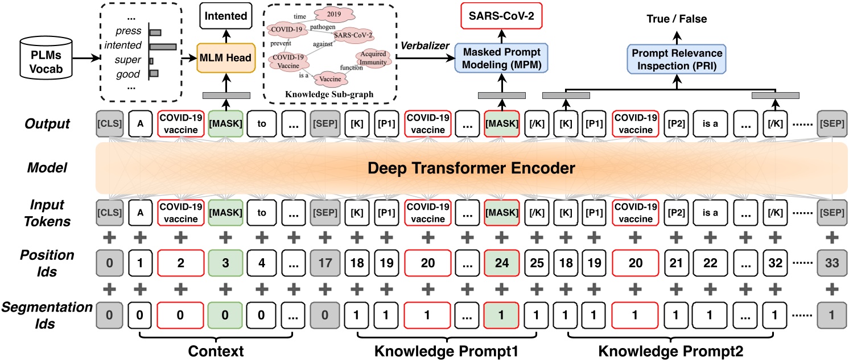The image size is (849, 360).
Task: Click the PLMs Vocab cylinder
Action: pos(46,58)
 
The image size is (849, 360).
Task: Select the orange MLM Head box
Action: pos(226,58)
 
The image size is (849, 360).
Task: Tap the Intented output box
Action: pos(226,16)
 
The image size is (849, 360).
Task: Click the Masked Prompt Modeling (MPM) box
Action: pos(501,58)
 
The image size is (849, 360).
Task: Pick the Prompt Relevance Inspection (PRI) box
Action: pos(677,59)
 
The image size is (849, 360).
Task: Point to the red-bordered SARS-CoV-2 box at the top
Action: pos(501,16)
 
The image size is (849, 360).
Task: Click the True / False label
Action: pos(677,19)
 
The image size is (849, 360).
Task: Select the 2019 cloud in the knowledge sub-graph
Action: pos(334,14)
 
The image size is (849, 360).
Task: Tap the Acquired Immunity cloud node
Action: pos(373,58)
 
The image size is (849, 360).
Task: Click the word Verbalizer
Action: pos(424,46)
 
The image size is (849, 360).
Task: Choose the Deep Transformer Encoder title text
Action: pos(471,168)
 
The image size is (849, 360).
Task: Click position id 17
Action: pos(325,263)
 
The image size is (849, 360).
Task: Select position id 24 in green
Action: pos(501,263)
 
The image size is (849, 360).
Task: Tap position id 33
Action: pos(832,263)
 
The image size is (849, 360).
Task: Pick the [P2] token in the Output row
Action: pos(676,123)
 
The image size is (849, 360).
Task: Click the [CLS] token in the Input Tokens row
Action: pos(109,213)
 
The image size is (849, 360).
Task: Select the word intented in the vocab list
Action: pos(123,45)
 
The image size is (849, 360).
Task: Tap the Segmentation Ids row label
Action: pos(47,315)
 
